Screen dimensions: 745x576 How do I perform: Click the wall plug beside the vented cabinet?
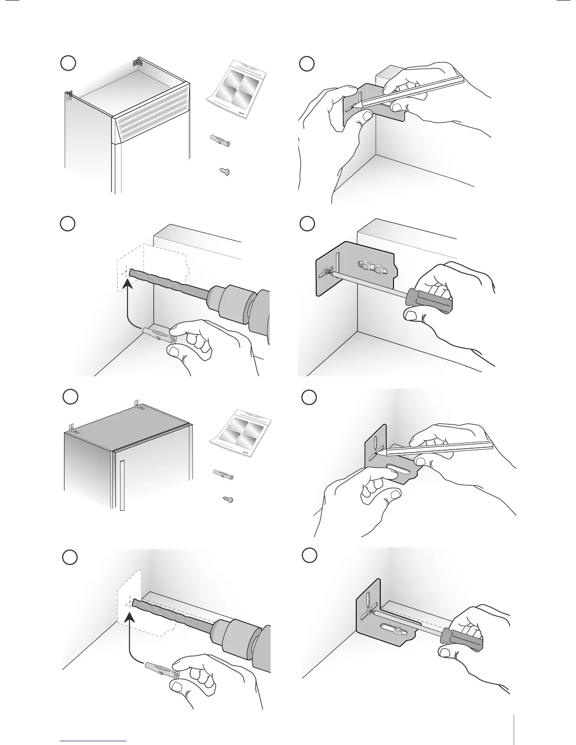click(x=219, y=140)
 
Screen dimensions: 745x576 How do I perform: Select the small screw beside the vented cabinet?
click(x=224, y=172)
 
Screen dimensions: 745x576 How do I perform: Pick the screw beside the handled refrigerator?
click(x=228, y=499)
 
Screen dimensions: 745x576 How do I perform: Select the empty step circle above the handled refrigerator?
click(x=70, y=396)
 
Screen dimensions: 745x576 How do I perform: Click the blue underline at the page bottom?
click(x=94, y=741)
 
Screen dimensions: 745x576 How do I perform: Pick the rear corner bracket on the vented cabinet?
click(x=137, y=62)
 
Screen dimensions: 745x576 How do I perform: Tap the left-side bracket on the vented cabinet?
click(x=69, y=95)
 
